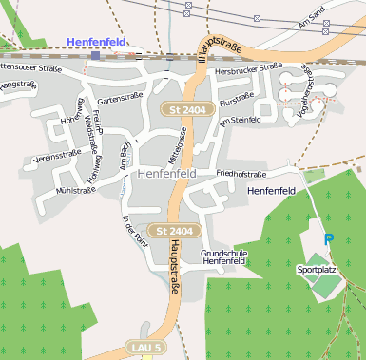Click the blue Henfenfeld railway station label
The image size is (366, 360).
(x=97, y=41)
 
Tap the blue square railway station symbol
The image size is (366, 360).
(x=95, y=56)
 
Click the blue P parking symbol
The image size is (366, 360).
(x=329, y=240)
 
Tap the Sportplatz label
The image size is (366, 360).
(x=317, y=270)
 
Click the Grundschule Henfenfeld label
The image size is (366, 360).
(x=224, y=257)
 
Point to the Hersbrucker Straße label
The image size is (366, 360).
(x=249, y=68)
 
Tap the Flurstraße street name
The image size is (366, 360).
(x=236, y=99)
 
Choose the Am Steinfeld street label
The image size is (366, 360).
(x=240, y=121)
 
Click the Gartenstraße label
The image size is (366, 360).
(x=119, y=98)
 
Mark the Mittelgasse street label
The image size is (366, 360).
(x=174, y=148)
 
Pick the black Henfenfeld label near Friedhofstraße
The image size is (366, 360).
(x=272, y=191)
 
